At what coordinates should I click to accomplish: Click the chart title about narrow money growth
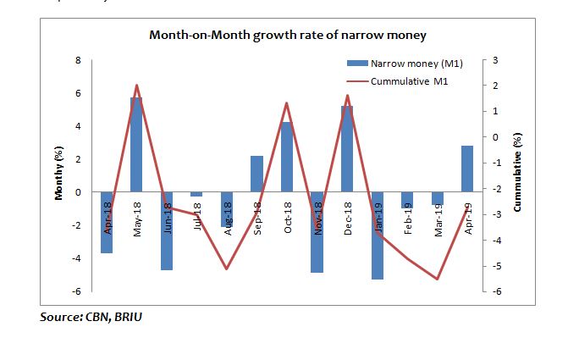pyautogui.click(x=287, y=36)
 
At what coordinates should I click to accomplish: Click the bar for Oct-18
pyautogui.click(x=287, y=157)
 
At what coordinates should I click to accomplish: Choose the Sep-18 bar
pyautogui.click(x=256, y=174)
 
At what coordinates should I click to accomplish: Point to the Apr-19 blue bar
pyautogui.click(x=467, y=169)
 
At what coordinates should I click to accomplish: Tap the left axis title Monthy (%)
pyautogui.click(x=59, y=174)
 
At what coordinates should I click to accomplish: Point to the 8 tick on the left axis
pyautogui.click(x=79, y=61)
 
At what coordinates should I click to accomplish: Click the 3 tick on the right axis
pyautogui.click(x=495, y=61)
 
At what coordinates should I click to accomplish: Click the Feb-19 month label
pyautogui.click(x=408, y=215)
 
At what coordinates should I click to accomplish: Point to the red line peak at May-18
pyautogui.click(x=136, y=86)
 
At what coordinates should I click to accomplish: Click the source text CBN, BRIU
pyautogui.click(x=97, y=318)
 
